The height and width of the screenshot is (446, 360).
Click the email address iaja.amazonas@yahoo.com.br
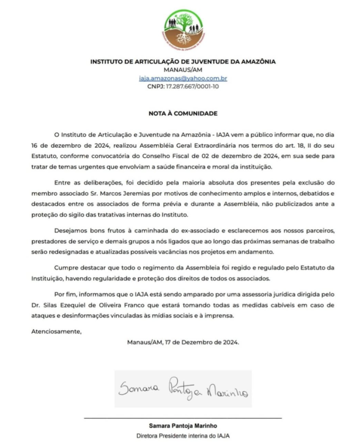tap(182, 78)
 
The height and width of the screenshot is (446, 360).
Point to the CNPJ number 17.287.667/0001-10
tap(183, 87)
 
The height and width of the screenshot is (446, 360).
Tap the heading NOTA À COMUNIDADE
tap(183, 114)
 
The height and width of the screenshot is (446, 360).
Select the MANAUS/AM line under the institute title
tap(183, 70)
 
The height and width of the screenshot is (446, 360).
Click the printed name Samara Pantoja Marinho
tap(183, 426)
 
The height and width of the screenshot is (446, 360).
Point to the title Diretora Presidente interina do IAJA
tap(183, 436)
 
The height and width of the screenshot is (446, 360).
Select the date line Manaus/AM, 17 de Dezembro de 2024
tap(183, 342)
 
